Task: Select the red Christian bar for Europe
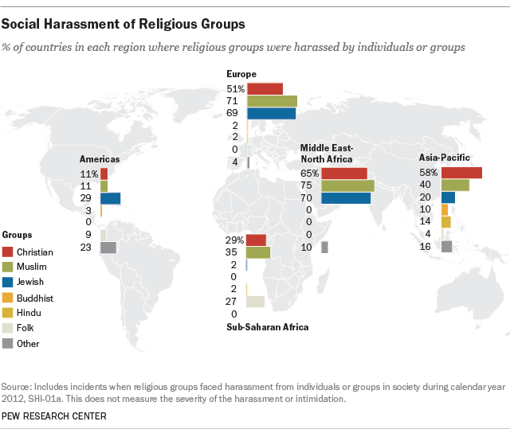click(265, 88)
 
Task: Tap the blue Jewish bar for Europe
click(271, 114)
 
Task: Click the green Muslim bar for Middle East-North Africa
click(347, 185)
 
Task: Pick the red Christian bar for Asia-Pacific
click(461, 173)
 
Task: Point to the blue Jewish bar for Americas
click(110, 198)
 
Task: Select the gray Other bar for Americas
click(108, 248)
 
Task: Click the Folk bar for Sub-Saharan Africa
click(255, 302)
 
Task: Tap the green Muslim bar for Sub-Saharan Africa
click(258, 252)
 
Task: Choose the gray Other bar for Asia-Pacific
click(446, 246)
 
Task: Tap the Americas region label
click(100, 158)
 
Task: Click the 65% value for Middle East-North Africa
click(309, 174)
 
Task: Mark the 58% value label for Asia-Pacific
click(429, 173)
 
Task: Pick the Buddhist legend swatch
click(8, 298)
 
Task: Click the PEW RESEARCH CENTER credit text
click(54, 416)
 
